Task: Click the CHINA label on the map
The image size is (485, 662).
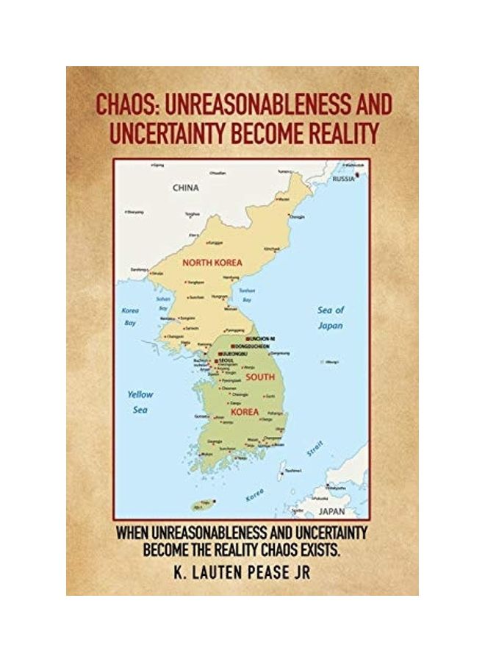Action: coord(186,188)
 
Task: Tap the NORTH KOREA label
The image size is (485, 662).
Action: coord(212,261)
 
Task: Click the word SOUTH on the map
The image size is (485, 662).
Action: coord(260,377)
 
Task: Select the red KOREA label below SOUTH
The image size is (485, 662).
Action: coord(245,412)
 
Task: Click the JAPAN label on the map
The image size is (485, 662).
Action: coord(331,509)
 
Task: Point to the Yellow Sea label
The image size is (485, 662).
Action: coord(140,402)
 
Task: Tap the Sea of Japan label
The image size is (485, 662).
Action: coord(331,317)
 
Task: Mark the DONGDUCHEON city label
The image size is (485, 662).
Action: coord(252,345)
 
